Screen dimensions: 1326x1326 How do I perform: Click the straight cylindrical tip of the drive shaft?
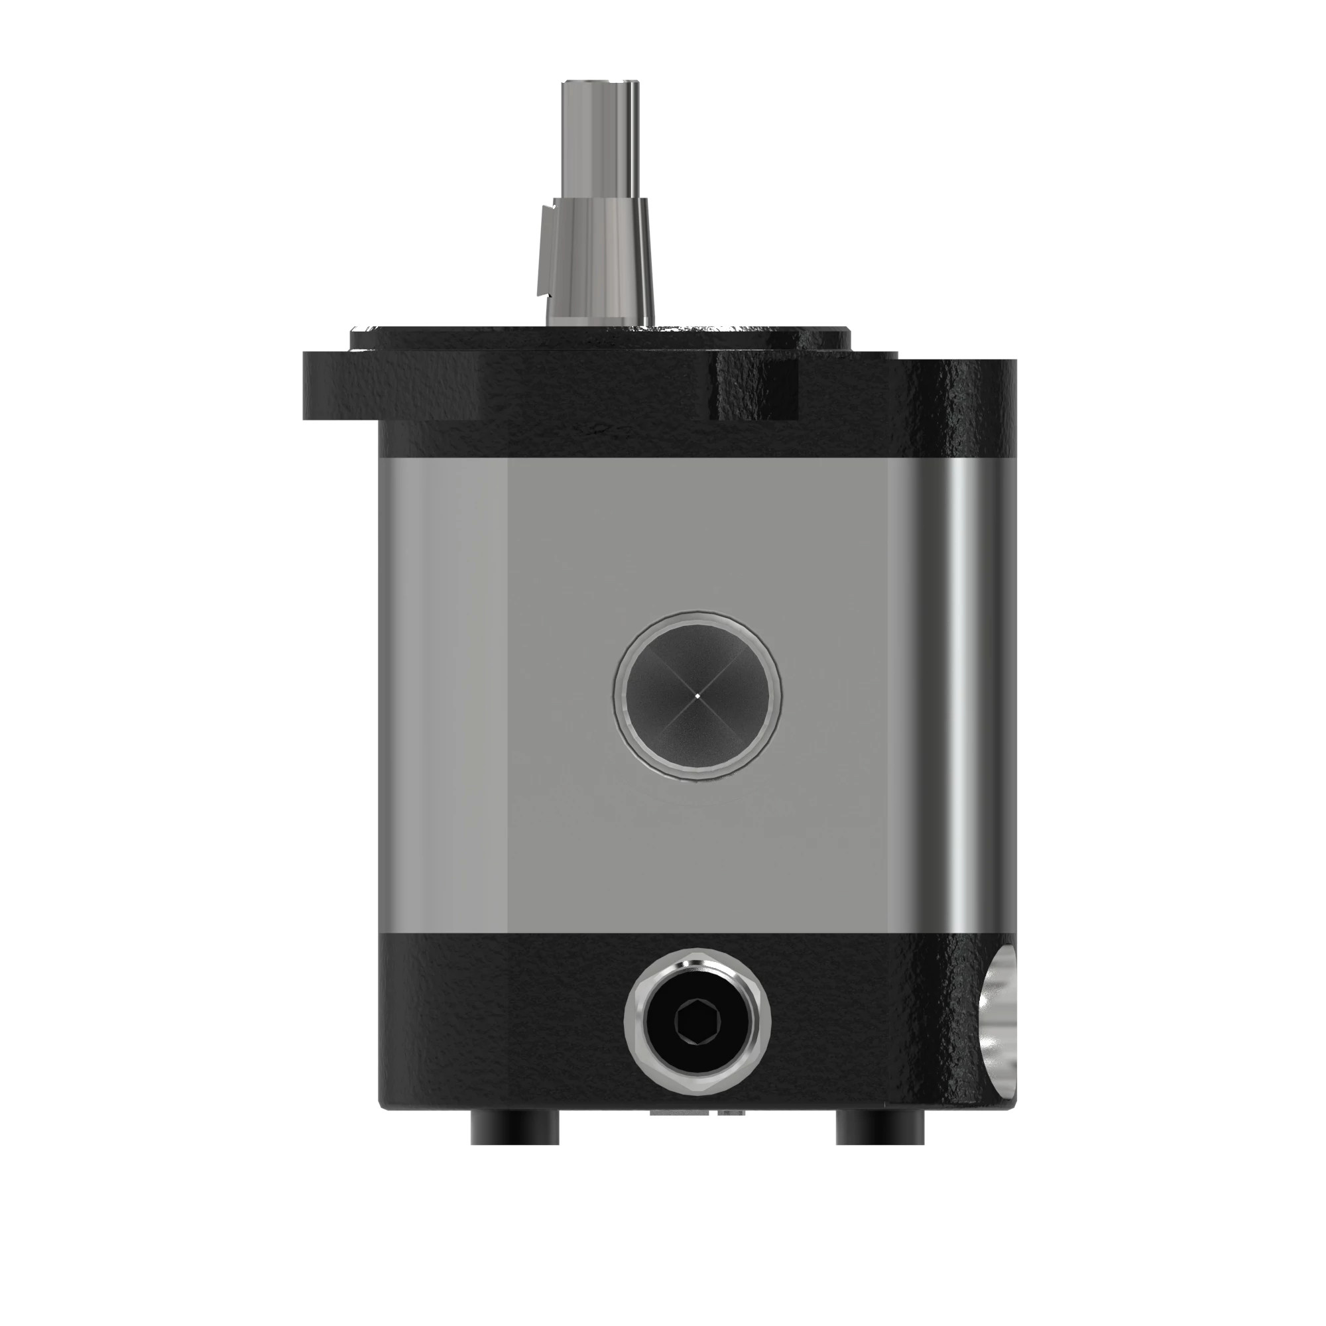coord(600,137)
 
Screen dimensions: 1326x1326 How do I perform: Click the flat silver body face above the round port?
coord(697,535)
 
